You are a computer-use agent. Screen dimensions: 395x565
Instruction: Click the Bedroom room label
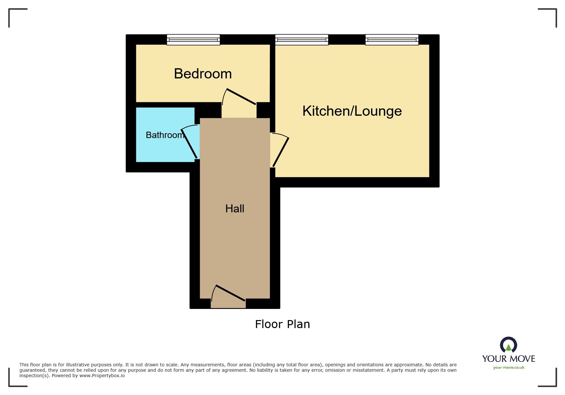[x=203, y=74]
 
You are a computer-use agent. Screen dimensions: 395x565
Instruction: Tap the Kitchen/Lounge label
[x=352, y=111]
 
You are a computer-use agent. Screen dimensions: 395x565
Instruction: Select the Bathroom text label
[x=165, y=135]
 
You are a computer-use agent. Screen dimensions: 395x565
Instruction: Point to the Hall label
[x=234, y=208]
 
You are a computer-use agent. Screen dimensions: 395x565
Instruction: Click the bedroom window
[x=193, y=40]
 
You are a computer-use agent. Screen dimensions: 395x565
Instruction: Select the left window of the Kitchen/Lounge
[x=301, y=40]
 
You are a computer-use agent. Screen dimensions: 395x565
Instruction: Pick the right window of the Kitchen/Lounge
[x=392, y=40]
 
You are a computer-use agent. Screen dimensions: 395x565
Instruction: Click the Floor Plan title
[x=282, y=324]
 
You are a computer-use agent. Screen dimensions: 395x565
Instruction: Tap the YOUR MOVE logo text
[x=509, y=359]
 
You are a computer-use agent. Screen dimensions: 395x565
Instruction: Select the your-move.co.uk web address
[x=509, y=368]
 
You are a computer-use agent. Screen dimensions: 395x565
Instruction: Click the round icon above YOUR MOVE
[x=509, y=345]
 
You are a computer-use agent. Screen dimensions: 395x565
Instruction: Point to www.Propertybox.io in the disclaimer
[x=102, y=376]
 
